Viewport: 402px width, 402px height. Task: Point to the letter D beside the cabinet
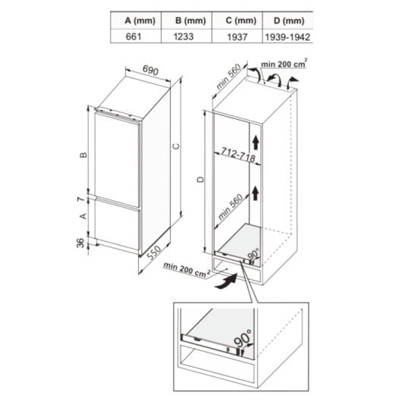click(x=200, y=179)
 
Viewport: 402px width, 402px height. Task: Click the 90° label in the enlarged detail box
click(x=242, y=348)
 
